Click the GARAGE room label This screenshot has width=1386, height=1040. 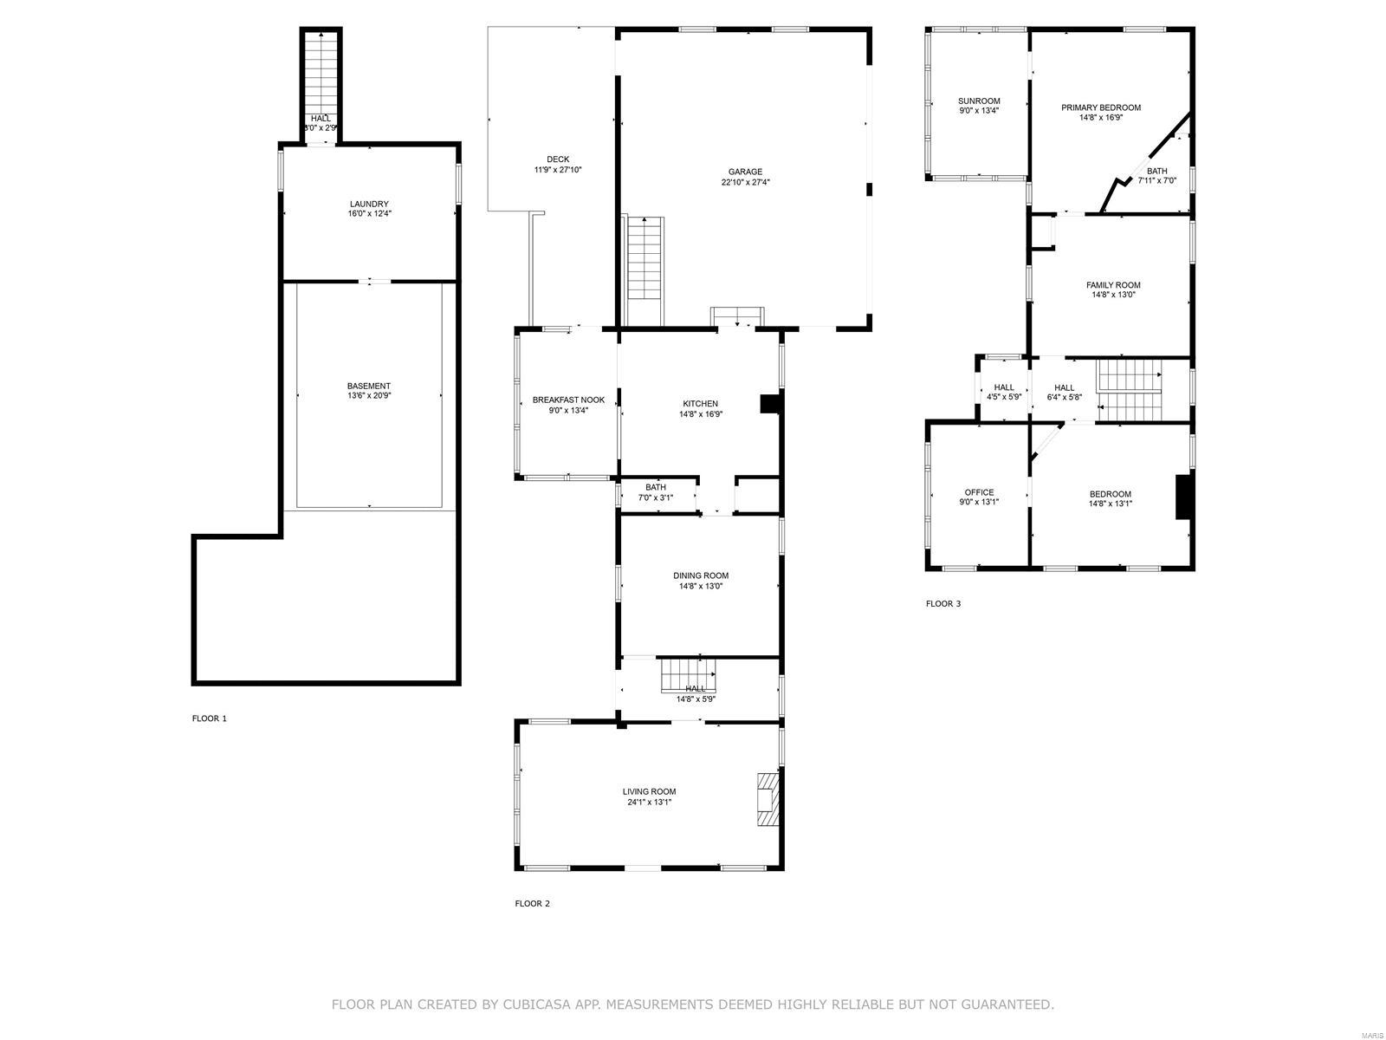745,172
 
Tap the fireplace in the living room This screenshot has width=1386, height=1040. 767,799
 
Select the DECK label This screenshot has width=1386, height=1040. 558,159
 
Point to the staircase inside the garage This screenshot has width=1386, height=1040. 644,270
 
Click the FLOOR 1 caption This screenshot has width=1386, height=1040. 209,718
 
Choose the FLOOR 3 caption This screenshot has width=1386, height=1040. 942,604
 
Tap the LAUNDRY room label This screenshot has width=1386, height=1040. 369,204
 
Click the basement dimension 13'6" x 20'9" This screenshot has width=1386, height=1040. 369,396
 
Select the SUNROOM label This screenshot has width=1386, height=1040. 979,101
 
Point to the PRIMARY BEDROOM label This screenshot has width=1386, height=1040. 1101,107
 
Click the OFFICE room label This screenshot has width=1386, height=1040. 979,492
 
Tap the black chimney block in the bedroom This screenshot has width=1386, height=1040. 1182,497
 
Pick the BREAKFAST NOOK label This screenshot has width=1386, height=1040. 568,400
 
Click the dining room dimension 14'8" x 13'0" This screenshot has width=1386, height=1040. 700,586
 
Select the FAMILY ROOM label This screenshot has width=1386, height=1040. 1113,285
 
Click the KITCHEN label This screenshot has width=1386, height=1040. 700,404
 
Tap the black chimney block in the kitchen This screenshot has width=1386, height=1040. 770,404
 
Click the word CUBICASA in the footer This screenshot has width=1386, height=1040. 532,1004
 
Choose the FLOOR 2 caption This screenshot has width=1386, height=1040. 532,904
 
